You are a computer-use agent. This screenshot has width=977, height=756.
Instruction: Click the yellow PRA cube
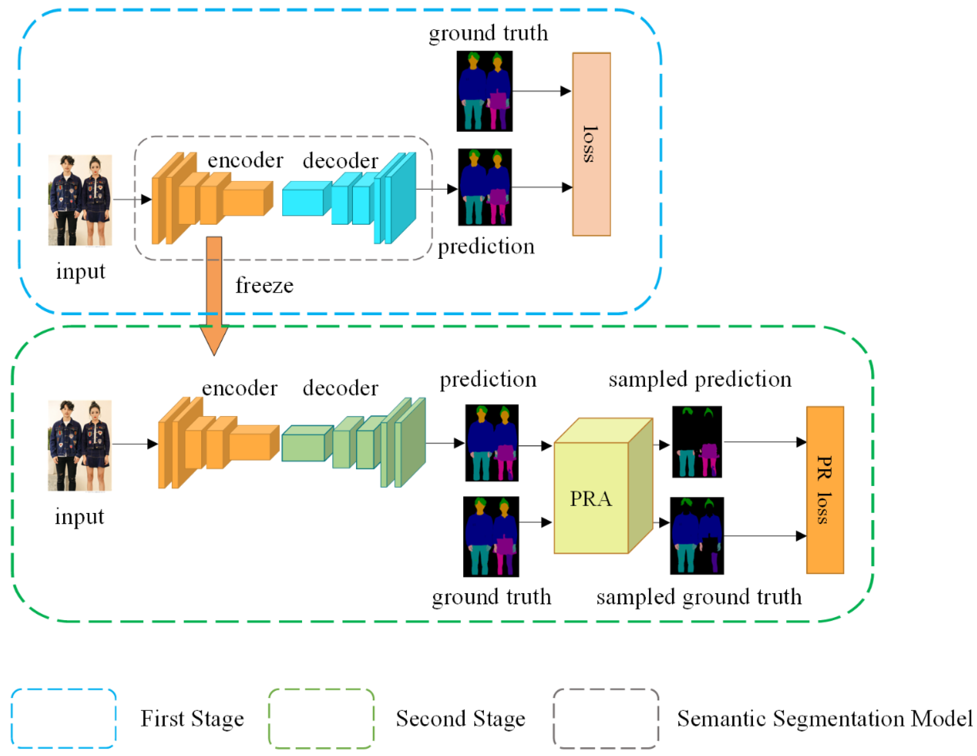tap(603, 486)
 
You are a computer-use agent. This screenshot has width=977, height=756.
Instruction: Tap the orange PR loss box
tap(825, 490)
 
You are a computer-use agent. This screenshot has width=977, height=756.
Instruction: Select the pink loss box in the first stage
tap(591, 144)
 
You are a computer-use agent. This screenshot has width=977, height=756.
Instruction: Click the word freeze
tap(264, 286)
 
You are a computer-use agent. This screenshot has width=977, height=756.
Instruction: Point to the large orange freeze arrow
tap(214, 295)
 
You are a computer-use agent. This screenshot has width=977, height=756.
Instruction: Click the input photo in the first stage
tap(80, 200)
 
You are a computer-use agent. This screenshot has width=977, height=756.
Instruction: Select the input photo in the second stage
tap(80, 445)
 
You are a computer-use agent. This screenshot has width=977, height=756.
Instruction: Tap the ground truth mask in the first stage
tap(485, 91)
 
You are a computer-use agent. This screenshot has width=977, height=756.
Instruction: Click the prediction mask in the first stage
tap(485, 187)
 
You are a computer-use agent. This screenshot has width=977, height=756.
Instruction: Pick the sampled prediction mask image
tap(697, 442)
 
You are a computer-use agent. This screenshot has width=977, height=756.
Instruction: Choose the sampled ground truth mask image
tap(697, 536)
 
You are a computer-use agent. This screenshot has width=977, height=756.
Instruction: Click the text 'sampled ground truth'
tap(699, 597)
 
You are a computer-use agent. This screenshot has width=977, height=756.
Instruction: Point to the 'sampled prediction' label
tap(700, 380)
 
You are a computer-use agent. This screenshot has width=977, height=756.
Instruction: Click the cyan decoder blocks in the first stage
tap(349, 198)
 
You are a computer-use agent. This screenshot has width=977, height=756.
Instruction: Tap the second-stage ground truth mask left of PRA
tap(491, 536)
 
